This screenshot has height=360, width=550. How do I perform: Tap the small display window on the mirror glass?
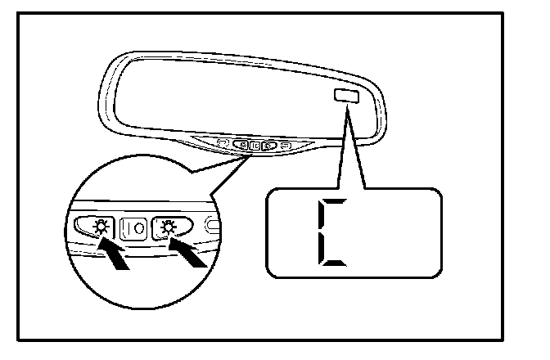click(344, 97)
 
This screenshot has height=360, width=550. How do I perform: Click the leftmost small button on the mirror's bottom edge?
click(222, 143)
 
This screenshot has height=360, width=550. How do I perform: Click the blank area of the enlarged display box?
click(393, 233)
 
